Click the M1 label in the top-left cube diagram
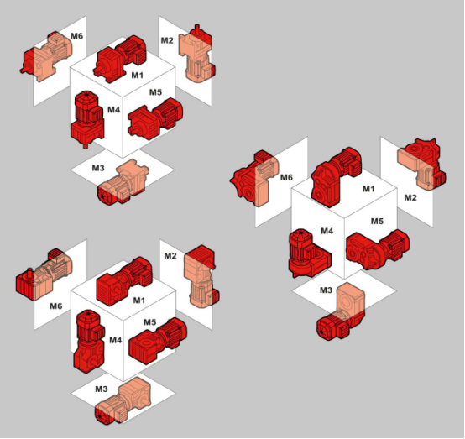coord(137,76)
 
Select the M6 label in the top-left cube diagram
coord(76,36)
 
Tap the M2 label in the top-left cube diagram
coord(167,40)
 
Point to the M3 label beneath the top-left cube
coord(98,168)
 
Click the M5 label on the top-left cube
coord(155,92)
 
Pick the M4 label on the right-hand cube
coord(327,231)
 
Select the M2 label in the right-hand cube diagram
coord(410,197)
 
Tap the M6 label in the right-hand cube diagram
coord(286,177)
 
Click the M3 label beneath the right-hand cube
coord(326,290)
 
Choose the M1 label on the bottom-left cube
coord(139,301)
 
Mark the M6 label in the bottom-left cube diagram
coord(56,306)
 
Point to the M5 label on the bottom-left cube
coord(150,322)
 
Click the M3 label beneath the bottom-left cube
coord(102,389)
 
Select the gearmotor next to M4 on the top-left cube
coord(87,118)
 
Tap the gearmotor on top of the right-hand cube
coord(337,176)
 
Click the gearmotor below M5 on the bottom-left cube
coord(158,341)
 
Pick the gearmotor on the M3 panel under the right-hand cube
coord(341,311)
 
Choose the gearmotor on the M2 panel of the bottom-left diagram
coord(201,276)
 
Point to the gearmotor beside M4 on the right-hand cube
coord(308,253)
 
